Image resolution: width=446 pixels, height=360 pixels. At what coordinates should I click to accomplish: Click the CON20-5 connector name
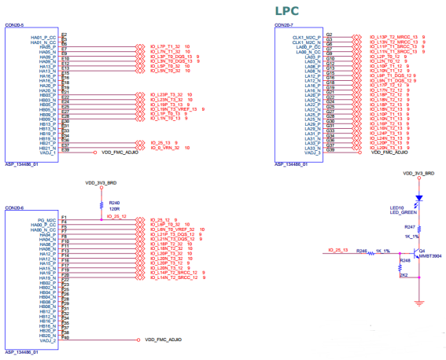pos(16,27)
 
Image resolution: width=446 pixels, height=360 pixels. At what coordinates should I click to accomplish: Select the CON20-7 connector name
pos(286,27)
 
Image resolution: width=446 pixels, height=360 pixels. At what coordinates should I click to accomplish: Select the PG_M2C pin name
pos(44,218)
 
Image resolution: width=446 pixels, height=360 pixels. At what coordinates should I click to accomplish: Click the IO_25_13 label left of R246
pos(337,250)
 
